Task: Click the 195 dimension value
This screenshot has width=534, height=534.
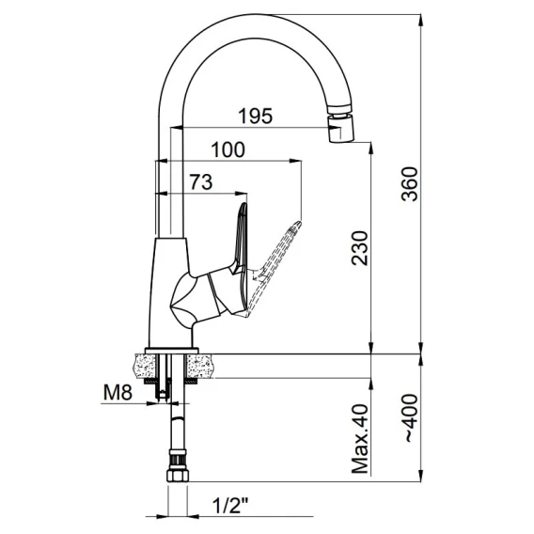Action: point(256,116)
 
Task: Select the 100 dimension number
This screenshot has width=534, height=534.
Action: point(228,149)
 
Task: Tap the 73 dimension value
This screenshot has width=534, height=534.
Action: point(201,181)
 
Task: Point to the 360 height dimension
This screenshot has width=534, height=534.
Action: point(409,184)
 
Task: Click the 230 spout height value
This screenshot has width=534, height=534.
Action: point(360,248)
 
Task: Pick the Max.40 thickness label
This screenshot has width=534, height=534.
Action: point(360,439)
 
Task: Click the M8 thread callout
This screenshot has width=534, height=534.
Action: point(118,393)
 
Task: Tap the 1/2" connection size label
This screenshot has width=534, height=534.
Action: point(230,506)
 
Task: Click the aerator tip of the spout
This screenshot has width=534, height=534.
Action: point(340,129)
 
